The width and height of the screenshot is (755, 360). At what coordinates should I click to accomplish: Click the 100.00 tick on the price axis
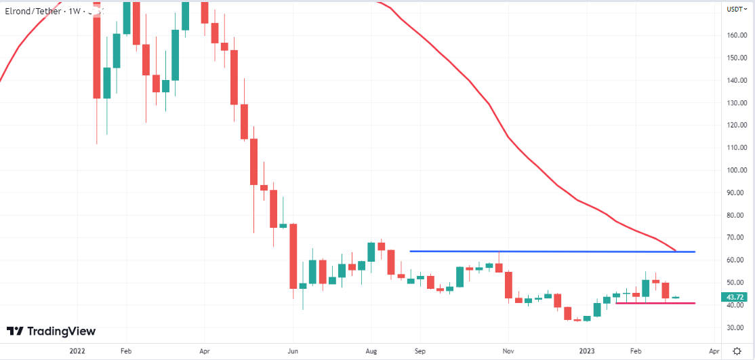[736, 170]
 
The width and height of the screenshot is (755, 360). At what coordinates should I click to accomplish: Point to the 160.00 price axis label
[736, 35]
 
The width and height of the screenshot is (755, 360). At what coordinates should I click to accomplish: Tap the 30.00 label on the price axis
[736, 327]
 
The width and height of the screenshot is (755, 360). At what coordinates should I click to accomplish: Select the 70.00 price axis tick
[736, 237]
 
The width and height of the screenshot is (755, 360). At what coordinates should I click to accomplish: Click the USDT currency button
[735, 9]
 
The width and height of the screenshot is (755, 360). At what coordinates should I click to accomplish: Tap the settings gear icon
[737, 351]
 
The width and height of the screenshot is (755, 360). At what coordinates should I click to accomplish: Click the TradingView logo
[52, 331]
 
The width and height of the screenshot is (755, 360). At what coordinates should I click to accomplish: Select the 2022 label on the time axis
[77, 352]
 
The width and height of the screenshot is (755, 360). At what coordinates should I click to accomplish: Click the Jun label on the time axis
[292, 352]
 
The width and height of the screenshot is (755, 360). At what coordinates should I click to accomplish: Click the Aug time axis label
[371, 352]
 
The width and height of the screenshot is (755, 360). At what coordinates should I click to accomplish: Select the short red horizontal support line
[654, 303]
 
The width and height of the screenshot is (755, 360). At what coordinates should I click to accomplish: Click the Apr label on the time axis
[204, 352]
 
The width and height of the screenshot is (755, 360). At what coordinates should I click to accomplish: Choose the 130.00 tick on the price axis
[736, 102]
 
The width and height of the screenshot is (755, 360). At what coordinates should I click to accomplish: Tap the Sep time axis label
[420, 352]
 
